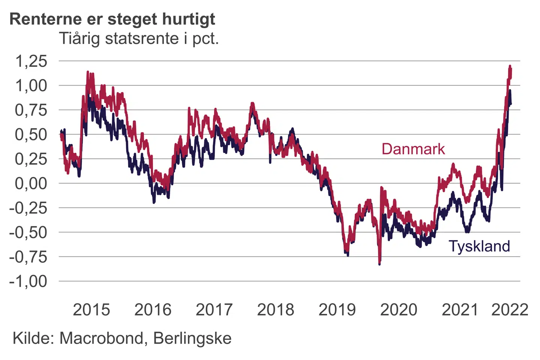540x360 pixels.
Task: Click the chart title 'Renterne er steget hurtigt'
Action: pos(112,19)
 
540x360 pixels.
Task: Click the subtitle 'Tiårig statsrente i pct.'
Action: pos(139,39)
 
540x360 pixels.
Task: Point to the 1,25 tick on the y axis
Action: pos(31,61)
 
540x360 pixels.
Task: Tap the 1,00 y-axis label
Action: pos(31,85)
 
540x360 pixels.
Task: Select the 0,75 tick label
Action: pos(31,110)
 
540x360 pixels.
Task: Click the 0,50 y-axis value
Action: pos(31,135)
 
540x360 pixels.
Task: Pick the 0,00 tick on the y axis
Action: pos(31,183)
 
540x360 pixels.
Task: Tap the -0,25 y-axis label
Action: pos(28,208)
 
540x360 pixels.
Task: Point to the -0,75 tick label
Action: pos(28,257)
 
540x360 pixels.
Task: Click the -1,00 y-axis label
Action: pos(28,281)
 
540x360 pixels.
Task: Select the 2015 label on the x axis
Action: pos(91,310)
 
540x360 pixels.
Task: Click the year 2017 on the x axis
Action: pos(214,310)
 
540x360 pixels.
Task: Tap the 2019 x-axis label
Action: pos(337,310)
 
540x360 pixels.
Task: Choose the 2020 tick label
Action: pos(399,310)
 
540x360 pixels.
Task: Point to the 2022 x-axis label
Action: pos(510,310)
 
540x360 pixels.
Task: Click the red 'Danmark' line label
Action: pos(413,149)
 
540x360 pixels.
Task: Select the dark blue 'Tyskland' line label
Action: pos(479,246)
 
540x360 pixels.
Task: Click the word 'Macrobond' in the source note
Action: pos(101,338)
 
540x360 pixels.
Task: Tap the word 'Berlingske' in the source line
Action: pos(192,338)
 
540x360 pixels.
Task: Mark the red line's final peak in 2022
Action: pos(510,67)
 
